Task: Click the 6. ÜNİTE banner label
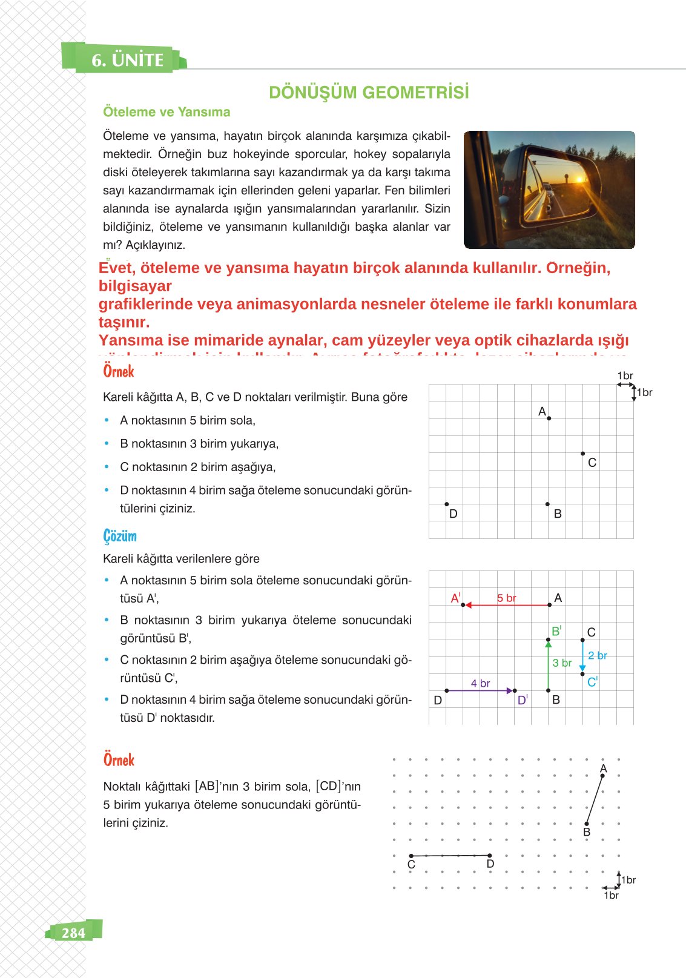coord(127,60)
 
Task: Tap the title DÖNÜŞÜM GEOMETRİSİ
coord(369,93)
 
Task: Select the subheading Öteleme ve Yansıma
coord(167,112)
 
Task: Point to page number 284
coord(73,933)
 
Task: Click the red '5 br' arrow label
coord(507,598)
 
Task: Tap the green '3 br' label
coord(562,663)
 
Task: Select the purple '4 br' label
coord(480,683)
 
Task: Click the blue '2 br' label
coord(597,655)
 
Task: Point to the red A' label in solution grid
coord(455,598)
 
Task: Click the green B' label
coord(556,631)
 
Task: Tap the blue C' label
coord(592,682)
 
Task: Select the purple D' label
coord(523,700)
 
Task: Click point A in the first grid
coord(549,418)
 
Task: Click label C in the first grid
coord(592,463)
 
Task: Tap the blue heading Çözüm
coord(120,536)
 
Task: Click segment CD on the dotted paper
coord(450,856)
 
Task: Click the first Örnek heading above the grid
coord(119,371)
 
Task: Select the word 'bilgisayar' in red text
coord(135,286)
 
